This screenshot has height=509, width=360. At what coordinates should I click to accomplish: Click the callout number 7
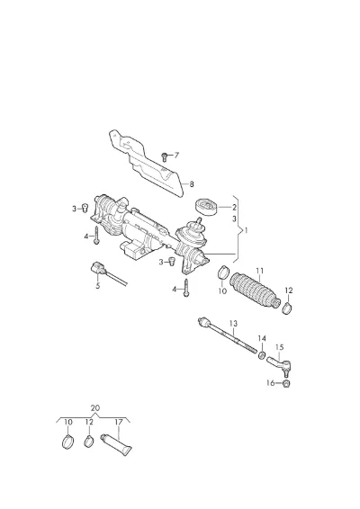tap(176, 156)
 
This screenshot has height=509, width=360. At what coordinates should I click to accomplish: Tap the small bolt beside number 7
tap(165, 157)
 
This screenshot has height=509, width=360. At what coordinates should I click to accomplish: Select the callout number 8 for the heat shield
tap(192, 184)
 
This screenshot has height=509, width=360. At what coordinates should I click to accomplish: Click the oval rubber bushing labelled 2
tap(206, 207)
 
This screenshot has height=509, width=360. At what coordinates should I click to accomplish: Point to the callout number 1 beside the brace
tap(246, 230)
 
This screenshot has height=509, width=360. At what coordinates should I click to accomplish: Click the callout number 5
tap(98, 286)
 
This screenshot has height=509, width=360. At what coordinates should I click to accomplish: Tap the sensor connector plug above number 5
tap(97, 269)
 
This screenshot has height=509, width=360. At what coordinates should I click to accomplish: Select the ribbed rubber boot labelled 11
tap(255, 291)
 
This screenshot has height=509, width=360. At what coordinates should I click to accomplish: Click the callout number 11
tap(259, 271)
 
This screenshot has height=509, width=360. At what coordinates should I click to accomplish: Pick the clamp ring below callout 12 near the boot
tap(287, 308)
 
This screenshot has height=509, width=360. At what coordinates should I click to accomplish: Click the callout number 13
tap(233, 324)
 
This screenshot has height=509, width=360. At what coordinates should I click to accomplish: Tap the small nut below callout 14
tap(262, 355)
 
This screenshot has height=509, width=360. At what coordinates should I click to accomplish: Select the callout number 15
tap(279, 347)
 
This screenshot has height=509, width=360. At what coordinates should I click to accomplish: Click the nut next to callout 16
tap(286, 384)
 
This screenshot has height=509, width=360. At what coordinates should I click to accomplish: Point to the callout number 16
tap(271, 383)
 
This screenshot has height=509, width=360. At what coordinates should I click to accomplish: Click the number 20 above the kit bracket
tap(94, 408)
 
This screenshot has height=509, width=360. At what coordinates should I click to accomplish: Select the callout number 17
tap(119, 422)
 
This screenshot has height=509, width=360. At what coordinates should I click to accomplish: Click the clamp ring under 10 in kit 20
tap(67, 442)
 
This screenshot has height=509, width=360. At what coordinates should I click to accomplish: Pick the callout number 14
tap(262, 338)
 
